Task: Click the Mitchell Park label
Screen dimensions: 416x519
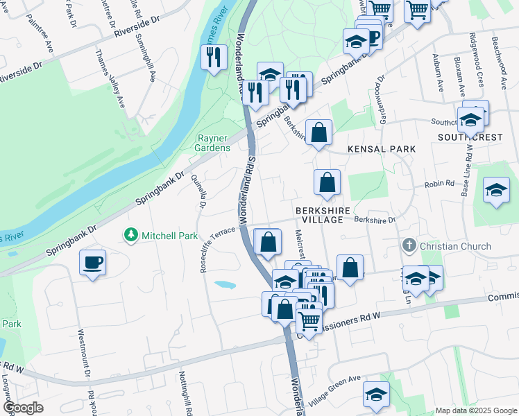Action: pos(170,236)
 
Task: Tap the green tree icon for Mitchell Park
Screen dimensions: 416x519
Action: pos(130,236)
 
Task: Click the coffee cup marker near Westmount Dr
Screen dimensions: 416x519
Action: pos(92,263)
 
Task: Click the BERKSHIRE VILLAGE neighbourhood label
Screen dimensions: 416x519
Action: pos(319,214)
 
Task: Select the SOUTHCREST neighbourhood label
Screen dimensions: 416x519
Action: pos(470,137)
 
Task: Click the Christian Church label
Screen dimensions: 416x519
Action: pos(455,246)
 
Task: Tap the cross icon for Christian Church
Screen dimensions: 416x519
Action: pos(409,246)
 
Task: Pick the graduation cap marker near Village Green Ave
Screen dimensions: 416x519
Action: pos(376,395)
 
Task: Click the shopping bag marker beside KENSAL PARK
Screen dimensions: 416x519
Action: pos(318,132)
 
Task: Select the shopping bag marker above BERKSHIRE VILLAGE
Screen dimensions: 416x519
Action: pos(327,183)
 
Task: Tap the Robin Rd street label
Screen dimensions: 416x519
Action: pos(439,185)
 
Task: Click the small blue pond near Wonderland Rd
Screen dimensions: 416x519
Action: pos(224,285)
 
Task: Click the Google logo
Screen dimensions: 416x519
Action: pos(22,408)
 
